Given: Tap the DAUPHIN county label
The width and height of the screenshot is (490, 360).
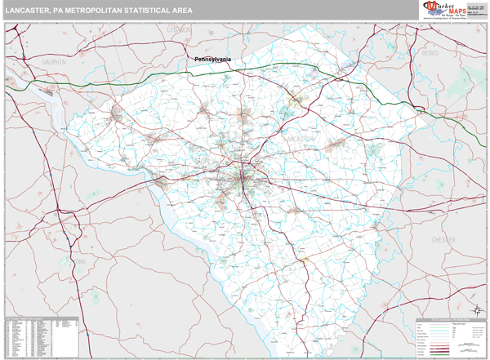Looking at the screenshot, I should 54,60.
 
